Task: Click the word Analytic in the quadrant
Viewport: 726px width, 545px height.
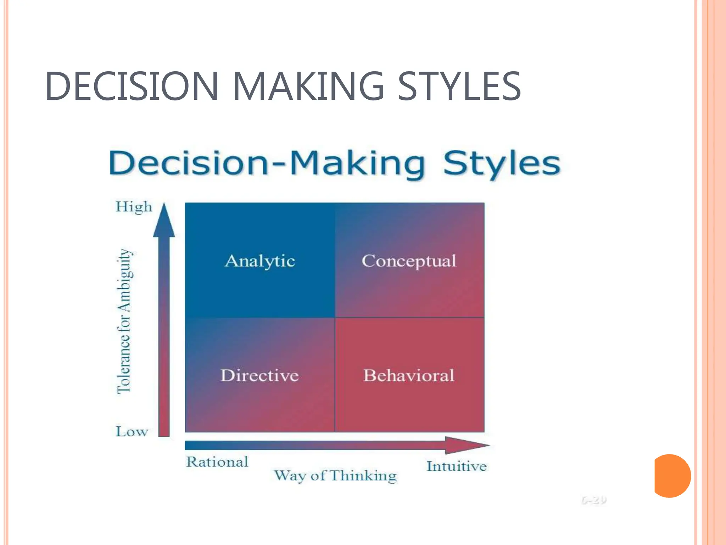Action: pyautogui.click(x=260, y=262)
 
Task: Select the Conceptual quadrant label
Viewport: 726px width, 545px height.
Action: pyautogui.click(x=409, y=262)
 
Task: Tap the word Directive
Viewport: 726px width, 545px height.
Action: pyautogui.click(x=259, y=375)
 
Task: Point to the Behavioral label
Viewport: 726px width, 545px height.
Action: pyautogui.click(x=409, y=375)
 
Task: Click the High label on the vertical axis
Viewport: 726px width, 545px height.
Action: pyautogui.click(x=134, y=207)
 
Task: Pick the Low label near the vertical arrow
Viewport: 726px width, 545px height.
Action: pyautogui.click(x=132, y=431)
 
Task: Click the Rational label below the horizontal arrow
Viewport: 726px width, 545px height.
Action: pyautogui.click(x=217, y=462)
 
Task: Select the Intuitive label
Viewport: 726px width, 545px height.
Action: pyautogui.click(x=457, y=466)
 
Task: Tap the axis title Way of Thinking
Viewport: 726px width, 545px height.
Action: pyautogui.click(x=335, y=475)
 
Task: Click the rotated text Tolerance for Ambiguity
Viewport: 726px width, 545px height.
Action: pyautogui.click(x=124, y=321)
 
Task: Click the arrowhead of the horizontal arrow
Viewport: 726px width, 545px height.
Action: pyautogui.click(x=466, y=445)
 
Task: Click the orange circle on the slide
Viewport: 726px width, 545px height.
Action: pyautogui.click(x=672, y=476)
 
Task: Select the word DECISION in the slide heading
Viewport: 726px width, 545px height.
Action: pyautogui.click(x=131, y=86)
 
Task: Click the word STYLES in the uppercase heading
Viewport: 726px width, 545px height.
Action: pyautogui.click(x=459, y=86)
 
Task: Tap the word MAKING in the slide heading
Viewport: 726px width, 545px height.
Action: pyautogui.click(x=308, y=86)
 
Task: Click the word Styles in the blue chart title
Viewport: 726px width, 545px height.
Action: pyautogui.click(x=502, y=164)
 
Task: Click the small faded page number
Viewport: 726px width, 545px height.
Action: pyautogui.click(x=594, y=500)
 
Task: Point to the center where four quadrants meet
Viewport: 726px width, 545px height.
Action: pyautogui.click(x=335, y=318)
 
